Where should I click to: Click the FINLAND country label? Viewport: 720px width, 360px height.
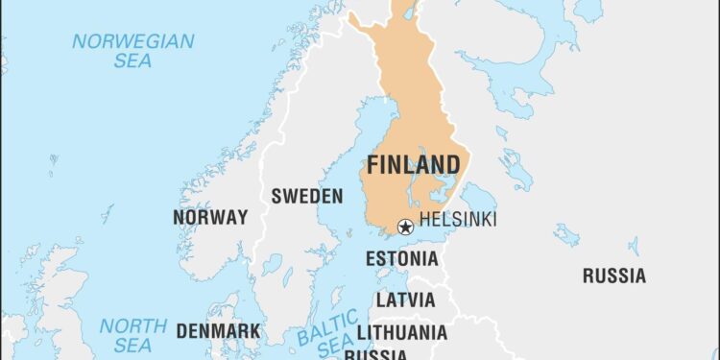pos(413,165)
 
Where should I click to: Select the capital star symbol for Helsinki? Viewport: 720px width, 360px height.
pos(405,228)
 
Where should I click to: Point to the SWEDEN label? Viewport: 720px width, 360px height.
pos(306,196)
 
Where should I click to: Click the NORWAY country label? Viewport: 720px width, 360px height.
pos(210,217)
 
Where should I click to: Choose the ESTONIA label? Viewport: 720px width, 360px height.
pos(401,258)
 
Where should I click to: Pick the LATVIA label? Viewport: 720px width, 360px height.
pos(404,300)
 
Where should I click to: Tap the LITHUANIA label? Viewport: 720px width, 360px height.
pos(401,332)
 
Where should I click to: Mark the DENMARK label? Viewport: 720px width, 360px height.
pos(217,331)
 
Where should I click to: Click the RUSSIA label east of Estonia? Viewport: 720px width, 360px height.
pos(613,276)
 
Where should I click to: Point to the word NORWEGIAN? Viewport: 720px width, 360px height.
pos(133,41)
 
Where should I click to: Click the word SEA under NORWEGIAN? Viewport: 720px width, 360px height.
pos(133,61)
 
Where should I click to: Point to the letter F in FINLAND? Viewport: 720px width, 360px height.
pos(373,165)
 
